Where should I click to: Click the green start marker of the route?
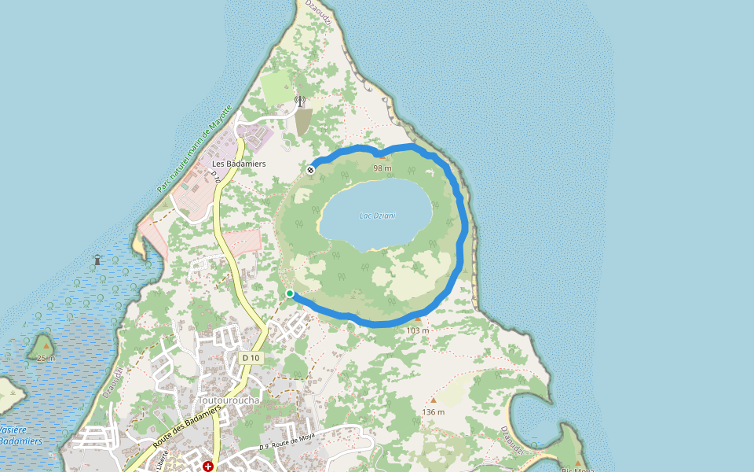[x=290, y=293]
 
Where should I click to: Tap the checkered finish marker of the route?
[x=311, y=169]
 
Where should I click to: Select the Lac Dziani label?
[x=377, y=216]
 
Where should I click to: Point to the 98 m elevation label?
[x=382, y=168]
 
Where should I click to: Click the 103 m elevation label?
[x=418, y=330]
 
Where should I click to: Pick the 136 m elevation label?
[x=433, y=412]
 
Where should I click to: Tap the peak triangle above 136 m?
[x=433, y=400]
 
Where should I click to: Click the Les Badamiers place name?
[x=239, y=164]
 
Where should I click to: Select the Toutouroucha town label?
[x=229, y=400]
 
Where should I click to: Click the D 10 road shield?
[x=251, y=358]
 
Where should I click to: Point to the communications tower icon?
[x=299, y=101]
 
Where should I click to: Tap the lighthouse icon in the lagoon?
[x=97, y=259]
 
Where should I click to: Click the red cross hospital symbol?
[x=208, y=466]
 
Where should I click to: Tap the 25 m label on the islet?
[x=46, y=358]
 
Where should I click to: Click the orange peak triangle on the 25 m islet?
[x=46, y=346]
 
